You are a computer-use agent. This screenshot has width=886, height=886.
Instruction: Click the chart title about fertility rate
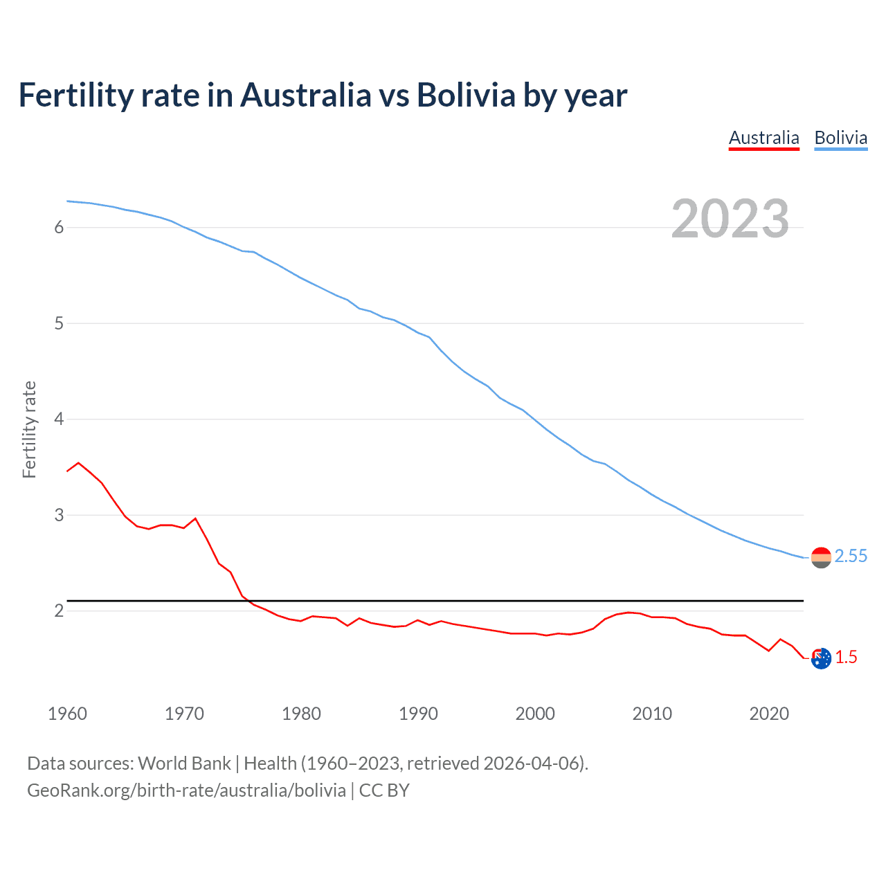[323, 96]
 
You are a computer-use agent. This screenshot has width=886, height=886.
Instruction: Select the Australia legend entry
[763, 138]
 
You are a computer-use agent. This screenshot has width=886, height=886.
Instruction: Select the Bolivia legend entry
[840, 138]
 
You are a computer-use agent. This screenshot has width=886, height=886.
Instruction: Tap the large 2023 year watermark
[730, 219]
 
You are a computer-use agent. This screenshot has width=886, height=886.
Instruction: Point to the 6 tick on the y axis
[59, 228]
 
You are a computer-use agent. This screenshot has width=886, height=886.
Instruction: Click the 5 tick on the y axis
[59, 323]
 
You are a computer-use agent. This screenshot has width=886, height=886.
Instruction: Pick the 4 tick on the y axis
[59, 419]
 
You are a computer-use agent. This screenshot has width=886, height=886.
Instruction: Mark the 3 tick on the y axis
[59, 515]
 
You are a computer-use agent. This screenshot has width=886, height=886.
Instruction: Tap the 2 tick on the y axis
[59, 611]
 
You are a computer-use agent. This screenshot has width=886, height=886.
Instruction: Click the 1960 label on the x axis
[67, 714]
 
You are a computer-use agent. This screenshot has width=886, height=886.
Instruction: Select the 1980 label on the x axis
[301, 714]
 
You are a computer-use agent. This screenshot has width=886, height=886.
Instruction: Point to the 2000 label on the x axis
[535, 714]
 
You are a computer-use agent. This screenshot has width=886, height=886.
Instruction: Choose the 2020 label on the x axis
[769, 714]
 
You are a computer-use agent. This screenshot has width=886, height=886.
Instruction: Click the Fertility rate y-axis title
[29, 429]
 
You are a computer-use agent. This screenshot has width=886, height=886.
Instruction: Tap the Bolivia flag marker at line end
[821, 557]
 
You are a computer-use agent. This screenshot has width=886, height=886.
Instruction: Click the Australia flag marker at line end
[821, 658]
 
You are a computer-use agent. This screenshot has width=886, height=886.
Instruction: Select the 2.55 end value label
[851, 557]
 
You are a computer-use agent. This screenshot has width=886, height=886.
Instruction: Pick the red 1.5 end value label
[846, 658]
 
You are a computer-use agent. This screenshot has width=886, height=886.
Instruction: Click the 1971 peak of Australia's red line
[195, 518]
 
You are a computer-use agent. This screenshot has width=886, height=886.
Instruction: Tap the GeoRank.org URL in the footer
[186, 790]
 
